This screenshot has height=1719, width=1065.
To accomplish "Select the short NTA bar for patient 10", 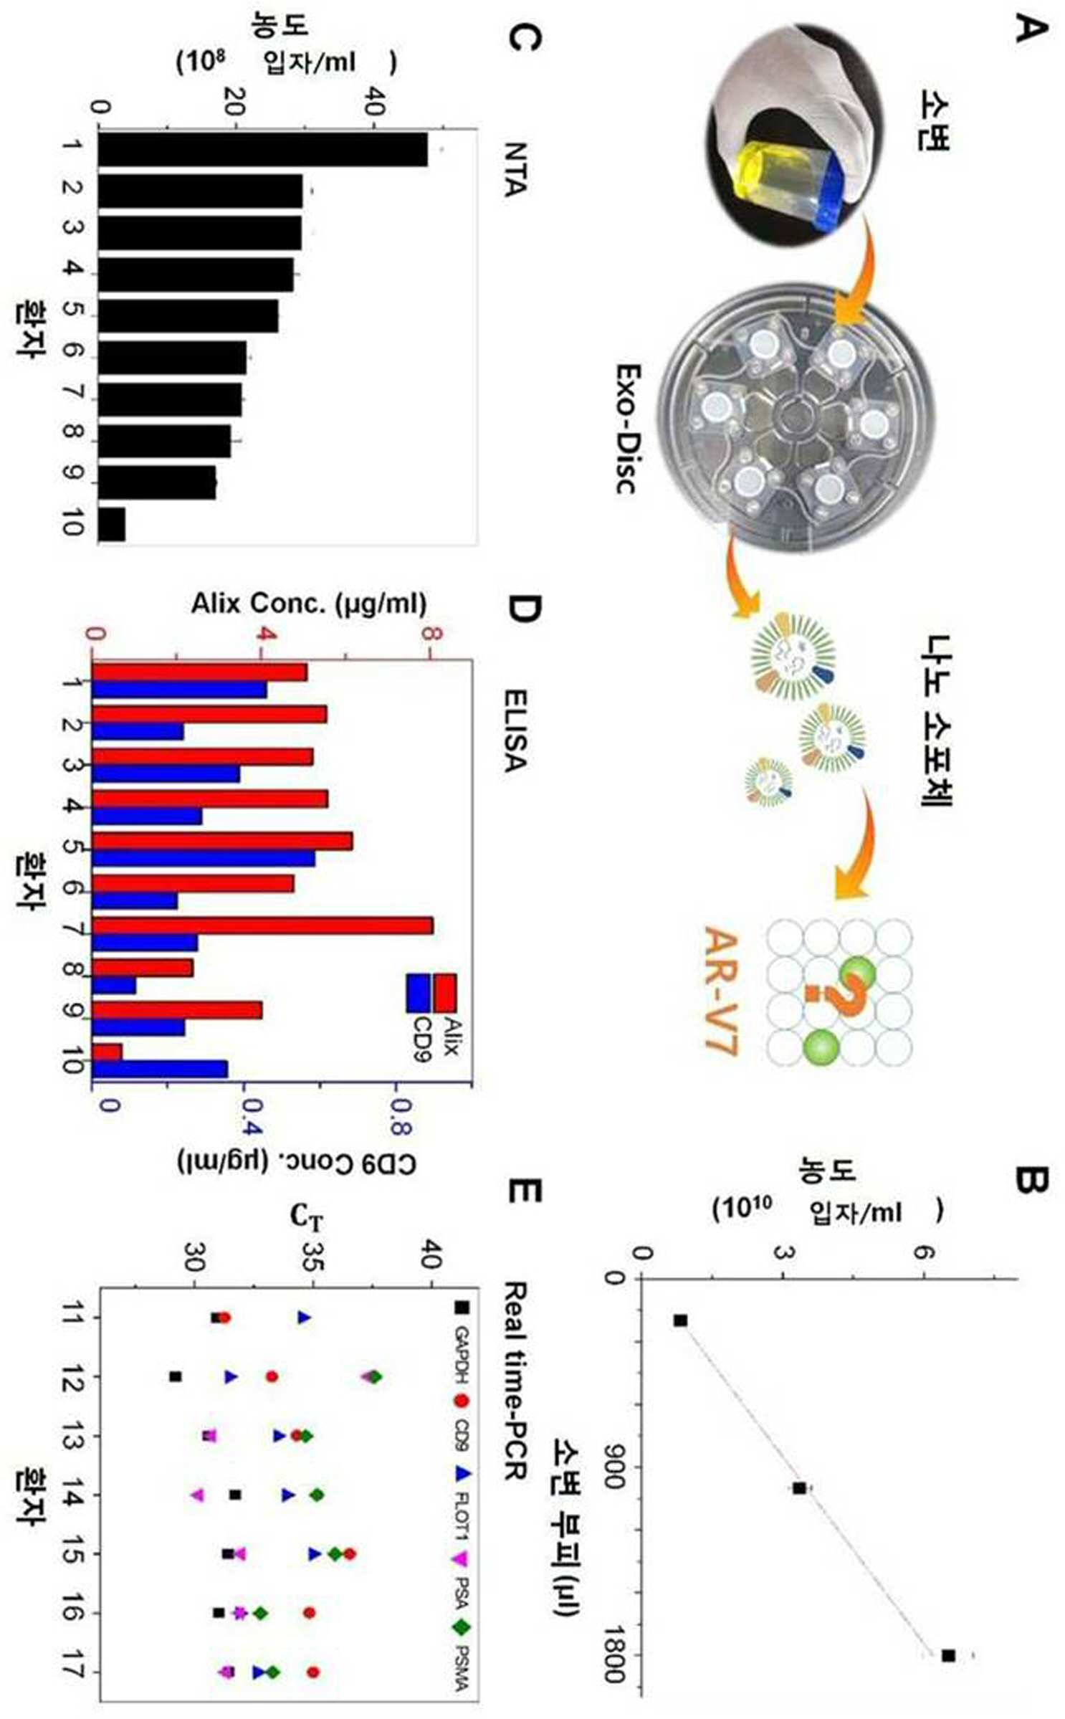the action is point(112,525).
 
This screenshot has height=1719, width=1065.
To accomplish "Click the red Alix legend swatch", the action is point(444,993).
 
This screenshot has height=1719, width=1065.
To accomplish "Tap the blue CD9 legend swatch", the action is point(419,993).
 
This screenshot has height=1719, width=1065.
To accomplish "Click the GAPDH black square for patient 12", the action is point(175,1376).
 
